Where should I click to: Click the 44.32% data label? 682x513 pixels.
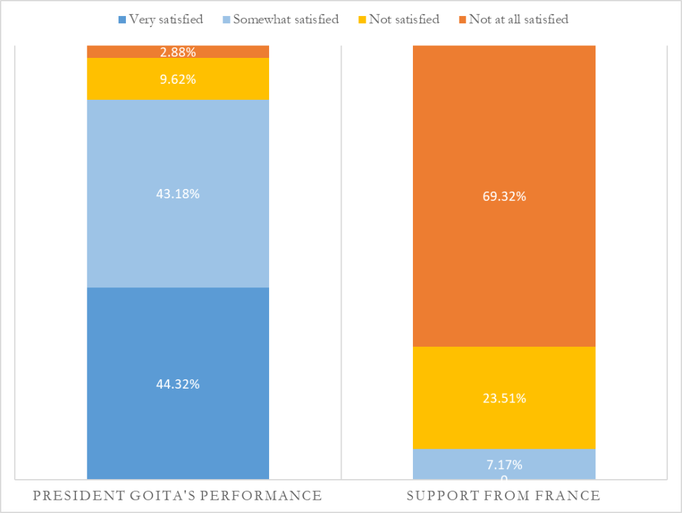point(178,384)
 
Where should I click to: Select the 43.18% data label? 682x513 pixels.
point(178,194)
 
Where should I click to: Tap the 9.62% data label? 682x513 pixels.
point(178,79)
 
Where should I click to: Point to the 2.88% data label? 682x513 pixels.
point(178,51)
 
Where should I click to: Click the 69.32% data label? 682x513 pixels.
point(504,196)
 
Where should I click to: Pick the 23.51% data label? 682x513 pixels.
point(504,399)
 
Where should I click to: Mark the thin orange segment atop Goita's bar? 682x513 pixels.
point(120,51)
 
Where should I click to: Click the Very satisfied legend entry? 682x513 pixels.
point(161,19)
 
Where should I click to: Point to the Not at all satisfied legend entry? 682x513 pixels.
point(512,19)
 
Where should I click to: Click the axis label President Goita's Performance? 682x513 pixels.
point(178,496)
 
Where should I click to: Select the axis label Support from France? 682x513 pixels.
point(504,496)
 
